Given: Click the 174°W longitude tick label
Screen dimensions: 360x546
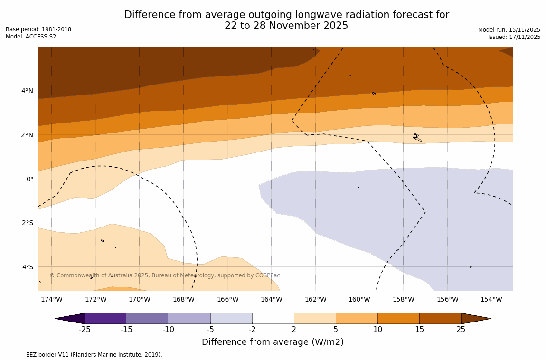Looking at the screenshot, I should coord(51,299).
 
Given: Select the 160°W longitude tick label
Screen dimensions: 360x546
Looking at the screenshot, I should coord(359,299).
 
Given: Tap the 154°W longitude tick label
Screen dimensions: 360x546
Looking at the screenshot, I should coord(491,299).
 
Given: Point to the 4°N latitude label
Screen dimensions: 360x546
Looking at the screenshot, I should coord(27,91).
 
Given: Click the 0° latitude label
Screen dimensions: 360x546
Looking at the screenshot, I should coord(29,179).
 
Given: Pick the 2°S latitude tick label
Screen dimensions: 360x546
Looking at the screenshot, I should coord(27,223).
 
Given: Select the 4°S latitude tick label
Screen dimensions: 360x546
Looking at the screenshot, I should coord(27,267).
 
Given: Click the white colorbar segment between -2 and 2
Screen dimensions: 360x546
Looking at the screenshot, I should coord(273,318).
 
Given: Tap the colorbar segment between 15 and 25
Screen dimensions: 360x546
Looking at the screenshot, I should coord(440,318).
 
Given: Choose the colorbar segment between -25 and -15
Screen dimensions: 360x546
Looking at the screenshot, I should coord(105,318).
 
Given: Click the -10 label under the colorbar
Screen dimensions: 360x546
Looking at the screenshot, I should coord(168,330).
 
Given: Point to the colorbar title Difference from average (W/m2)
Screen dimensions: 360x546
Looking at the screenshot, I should coord(273,342).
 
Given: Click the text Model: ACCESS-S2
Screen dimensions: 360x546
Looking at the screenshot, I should coord(31,37).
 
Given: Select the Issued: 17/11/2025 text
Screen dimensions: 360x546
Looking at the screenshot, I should coord(514,37).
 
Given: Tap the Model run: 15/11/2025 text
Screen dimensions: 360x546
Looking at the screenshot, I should coord(509,30).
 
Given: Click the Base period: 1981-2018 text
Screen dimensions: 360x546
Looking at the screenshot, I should coord(38,29).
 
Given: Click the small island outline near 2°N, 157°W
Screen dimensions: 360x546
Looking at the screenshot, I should coord(416,137).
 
